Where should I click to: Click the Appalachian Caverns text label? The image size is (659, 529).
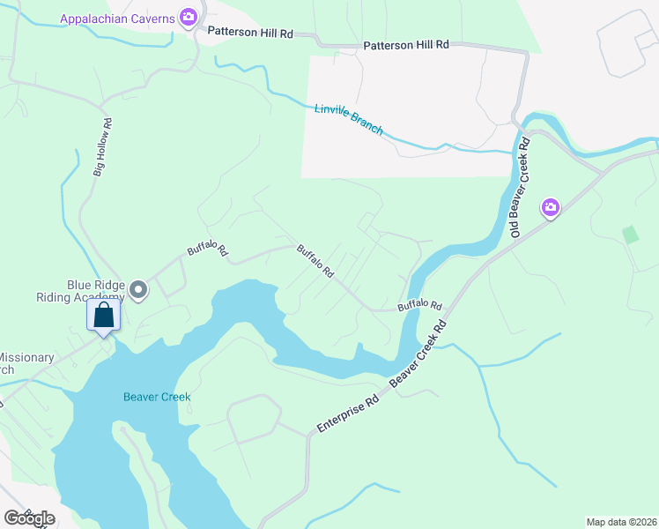click(117, 19)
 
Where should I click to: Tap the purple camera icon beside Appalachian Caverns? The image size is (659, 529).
click(188, 18)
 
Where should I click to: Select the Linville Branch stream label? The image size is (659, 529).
click(349, 119)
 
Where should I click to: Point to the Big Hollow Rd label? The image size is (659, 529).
click(102, 147)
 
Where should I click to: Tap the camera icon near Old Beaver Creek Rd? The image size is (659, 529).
click(551, 207)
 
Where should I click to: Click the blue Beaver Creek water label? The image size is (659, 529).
click(157, 397)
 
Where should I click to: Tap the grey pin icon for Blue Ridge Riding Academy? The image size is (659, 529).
click(138, 289)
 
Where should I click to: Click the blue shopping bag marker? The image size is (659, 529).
click(103, 315)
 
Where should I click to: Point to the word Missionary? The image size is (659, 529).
click(26, 358)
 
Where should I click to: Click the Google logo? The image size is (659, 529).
click(28, 518)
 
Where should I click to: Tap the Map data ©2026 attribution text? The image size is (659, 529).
click(621, 521)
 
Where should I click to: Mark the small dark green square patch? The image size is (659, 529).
click(630, 235)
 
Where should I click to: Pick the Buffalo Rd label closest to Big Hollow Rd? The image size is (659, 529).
click(207, 250)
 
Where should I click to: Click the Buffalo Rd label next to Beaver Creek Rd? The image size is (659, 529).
click(418, 305)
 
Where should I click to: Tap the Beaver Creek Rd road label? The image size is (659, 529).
click(418, 351)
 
